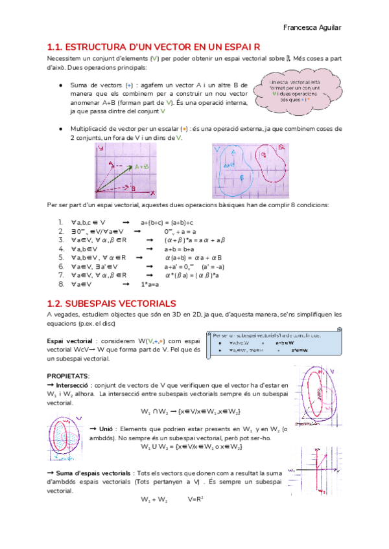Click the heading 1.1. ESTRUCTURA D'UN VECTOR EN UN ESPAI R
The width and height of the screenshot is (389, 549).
pos(154,47)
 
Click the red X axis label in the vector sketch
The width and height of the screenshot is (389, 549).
pos(152,193)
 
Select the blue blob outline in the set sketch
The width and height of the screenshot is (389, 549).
pos(234,172)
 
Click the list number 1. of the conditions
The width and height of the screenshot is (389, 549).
pos(60,222)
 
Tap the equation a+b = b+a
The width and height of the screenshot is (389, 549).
pos(180,249)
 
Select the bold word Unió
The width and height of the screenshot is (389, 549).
pos(106,429)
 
